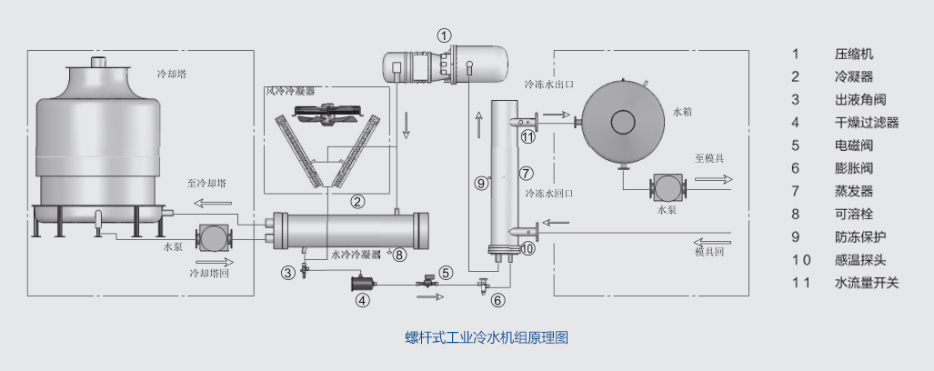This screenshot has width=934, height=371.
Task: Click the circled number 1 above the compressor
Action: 444,35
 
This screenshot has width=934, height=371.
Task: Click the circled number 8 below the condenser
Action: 399,255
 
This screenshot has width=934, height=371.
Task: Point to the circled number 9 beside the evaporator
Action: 482,183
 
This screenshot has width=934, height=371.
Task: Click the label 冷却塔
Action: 172,73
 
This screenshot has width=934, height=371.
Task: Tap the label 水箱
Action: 683,111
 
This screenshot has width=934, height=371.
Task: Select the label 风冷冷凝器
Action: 290,92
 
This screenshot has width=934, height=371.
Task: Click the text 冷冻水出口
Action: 549,84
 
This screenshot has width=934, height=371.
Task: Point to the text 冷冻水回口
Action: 548,193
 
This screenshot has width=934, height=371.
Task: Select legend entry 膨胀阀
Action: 853,167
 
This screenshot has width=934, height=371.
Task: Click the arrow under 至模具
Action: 713,179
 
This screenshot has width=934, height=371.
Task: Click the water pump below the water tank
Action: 668,188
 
